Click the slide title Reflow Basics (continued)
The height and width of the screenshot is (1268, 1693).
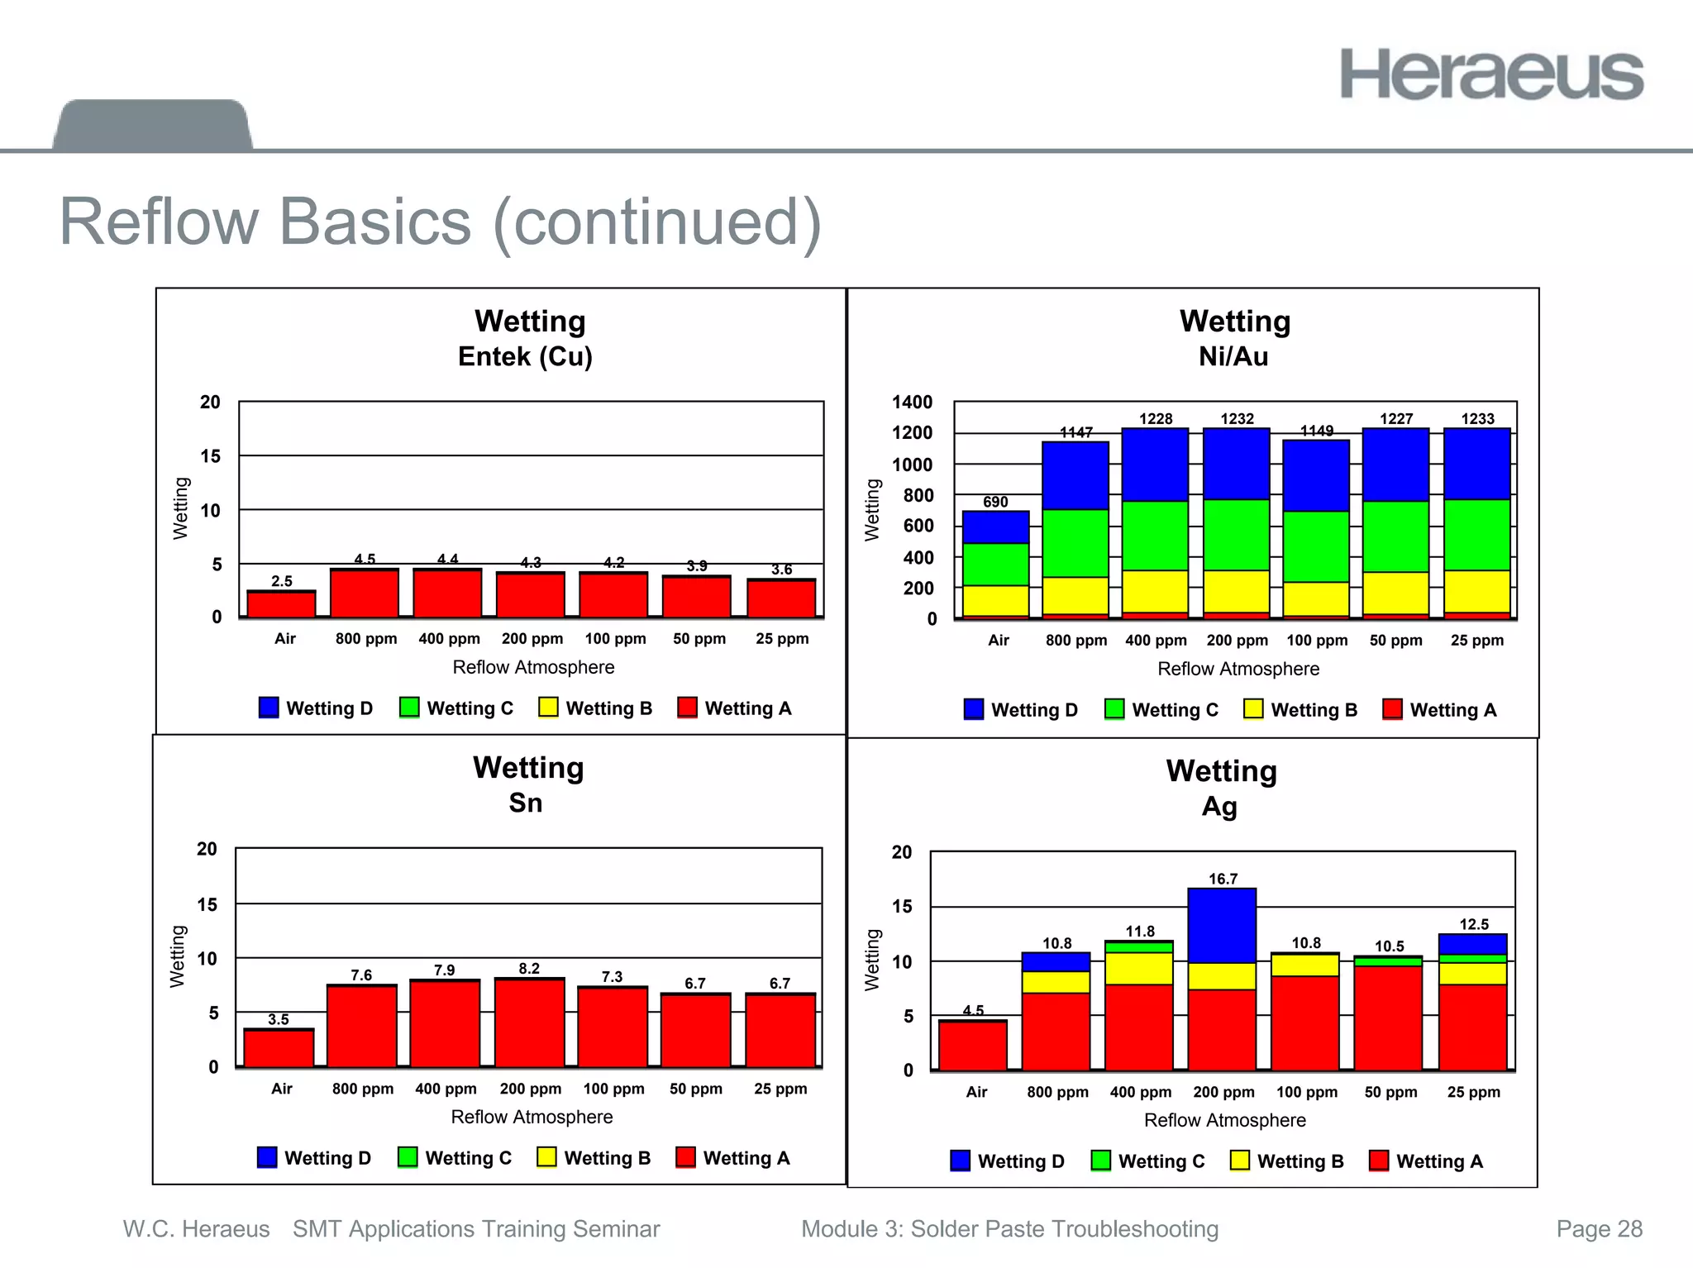441,222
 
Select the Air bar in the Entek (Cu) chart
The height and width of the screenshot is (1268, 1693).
282,604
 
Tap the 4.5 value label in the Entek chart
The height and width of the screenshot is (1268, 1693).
365,560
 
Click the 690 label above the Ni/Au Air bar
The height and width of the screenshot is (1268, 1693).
995,502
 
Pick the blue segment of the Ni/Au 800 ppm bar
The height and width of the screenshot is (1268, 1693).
1075,475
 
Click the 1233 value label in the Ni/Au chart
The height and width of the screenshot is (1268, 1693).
1477,419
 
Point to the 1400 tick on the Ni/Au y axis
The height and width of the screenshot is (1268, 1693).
912,403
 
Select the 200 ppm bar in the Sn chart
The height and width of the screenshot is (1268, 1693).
529,1023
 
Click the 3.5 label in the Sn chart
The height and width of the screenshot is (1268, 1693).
279,1019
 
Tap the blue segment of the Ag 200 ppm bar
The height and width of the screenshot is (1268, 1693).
1222,925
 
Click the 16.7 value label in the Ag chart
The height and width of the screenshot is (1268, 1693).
1223,879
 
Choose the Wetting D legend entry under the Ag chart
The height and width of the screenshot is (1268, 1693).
1008,1161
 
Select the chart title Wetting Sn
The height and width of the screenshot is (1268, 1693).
527,784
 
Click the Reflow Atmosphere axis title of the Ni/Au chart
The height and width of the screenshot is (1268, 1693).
1238,669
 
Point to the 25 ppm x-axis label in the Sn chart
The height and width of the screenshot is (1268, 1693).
780,1089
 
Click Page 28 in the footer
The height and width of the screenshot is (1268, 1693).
1599,1229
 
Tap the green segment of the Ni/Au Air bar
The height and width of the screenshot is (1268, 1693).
995,565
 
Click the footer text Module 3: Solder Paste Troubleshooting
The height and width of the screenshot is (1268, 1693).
1009,1229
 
